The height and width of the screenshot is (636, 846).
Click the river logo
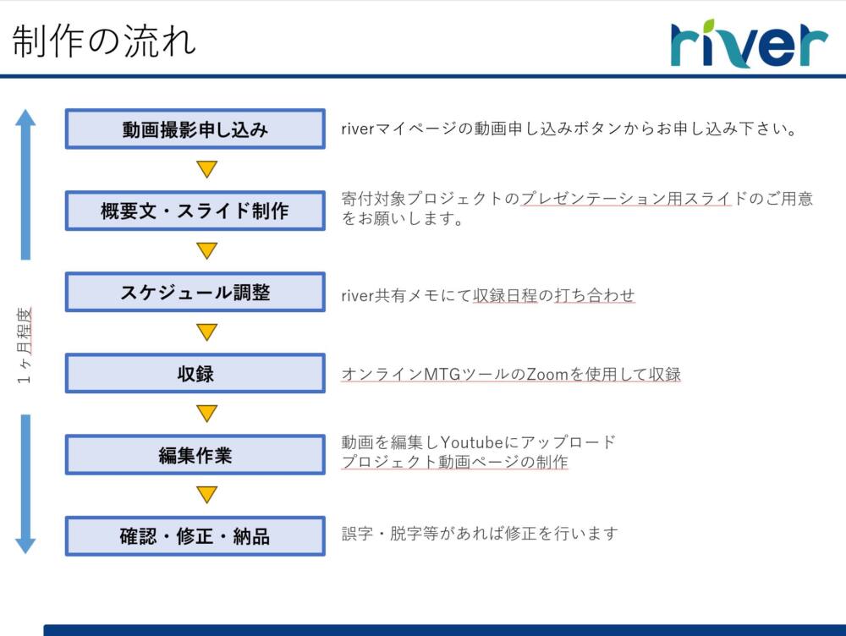[749, 43]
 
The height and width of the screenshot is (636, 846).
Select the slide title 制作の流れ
[103, 41]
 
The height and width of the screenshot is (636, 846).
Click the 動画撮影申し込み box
[195, 129]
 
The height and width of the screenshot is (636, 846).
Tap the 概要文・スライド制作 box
[195, 211]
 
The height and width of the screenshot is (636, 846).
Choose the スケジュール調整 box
[195, 292]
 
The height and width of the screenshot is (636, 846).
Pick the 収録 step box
[195, 373]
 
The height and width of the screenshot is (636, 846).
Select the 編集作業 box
[195, 455]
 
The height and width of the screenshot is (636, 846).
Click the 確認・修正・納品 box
[195, 536]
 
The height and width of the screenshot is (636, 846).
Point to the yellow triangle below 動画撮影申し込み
[206, 167]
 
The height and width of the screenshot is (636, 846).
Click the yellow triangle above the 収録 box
[206, 331]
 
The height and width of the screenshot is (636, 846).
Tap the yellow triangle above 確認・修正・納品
[206, 494]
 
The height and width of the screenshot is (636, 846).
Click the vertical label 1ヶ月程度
[25, 345]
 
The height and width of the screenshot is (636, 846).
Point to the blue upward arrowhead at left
[25, 118]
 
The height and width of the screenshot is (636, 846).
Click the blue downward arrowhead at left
[25, 546]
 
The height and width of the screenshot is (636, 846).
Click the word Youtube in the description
[472, 442]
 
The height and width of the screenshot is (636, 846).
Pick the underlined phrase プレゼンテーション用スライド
[626, 199]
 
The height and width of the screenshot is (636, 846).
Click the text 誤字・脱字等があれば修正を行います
[480, 534]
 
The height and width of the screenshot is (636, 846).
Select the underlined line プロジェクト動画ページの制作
[455, 462]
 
